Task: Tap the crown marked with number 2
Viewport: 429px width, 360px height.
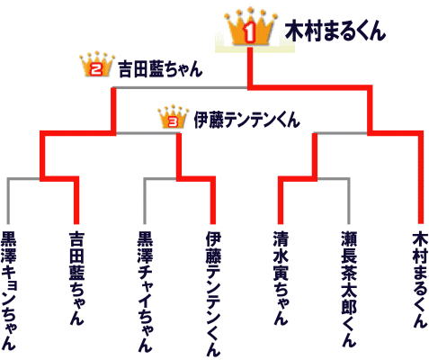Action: coord(97,65)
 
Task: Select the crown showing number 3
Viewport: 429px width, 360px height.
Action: coord(174,117)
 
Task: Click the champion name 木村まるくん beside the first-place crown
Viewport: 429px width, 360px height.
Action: coord(335,31)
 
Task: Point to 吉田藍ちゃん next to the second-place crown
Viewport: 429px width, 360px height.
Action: coord(160,69)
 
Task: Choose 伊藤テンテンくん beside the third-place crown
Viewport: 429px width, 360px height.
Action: coord(246,120)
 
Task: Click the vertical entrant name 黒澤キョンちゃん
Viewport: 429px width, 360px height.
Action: coord(9,291)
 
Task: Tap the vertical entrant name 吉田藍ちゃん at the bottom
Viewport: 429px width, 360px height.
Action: coord(76,278)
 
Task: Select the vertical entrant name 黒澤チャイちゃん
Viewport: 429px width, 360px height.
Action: coord(145,291)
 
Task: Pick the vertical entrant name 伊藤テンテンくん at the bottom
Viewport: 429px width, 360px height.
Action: coord(213,293)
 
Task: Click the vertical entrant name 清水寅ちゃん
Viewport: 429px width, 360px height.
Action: coord(281,278)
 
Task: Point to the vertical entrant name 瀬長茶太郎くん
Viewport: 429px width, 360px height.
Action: coord(349,289)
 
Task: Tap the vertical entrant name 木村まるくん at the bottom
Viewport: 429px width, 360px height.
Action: coord(420,279)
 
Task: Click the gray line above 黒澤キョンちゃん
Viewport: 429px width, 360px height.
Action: coord(8,201)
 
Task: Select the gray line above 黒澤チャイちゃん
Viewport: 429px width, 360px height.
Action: coord(145,201)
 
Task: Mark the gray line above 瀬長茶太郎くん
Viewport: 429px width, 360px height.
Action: coord(348,201)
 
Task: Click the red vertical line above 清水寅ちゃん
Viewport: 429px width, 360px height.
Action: coord(281,201)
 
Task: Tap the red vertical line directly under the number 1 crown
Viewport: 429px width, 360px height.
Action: coord(250,67)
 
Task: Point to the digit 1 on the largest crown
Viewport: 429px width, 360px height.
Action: coord(249,33)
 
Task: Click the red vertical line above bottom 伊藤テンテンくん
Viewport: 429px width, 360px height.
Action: coord(213,201)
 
